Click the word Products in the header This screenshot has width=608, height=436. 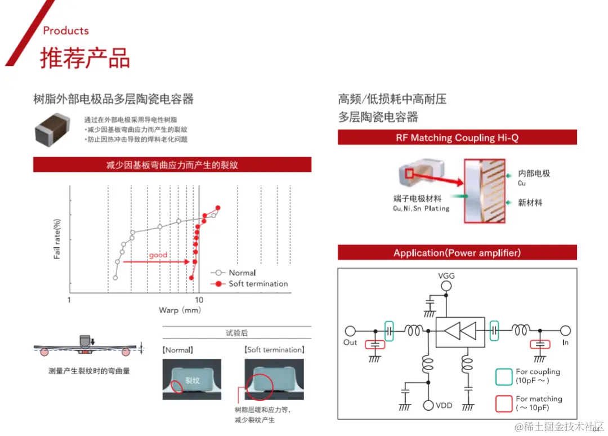(66, 30)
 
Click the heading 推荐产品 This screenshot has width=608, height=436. (84, 58)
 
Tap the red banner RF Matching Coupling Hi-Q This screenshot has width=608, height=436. (457, 137)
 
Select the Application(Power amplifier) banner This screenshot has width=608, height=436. (457, 253)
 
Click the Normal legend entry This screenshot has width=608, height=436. (242, 273)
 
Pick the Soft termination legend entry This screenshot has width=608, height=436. (258, 283)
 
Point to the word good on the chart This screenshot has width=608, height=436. (158, 255)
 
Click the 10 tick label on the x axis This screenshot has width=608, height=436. (199, 300)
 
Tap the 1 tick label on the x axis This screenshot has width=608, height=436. (69, 300)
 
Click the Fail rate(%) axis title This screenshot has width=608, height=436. (57, 239)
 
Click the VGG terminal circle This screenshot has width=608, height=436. (446, 287)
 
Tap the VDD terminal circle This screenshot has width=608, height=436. (428, 405)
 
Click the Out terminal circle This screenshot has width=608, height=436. (350, 331)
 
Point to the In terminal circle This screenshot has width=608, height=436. (565, 331)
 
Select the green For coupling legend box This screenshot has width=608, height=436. (503, 376)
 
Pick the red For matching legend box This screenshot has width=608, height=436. (503, 403)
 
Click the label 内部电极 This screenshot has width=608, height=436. (534, 173)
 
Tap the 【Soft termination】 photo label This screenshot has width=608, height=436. (275, 350)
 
